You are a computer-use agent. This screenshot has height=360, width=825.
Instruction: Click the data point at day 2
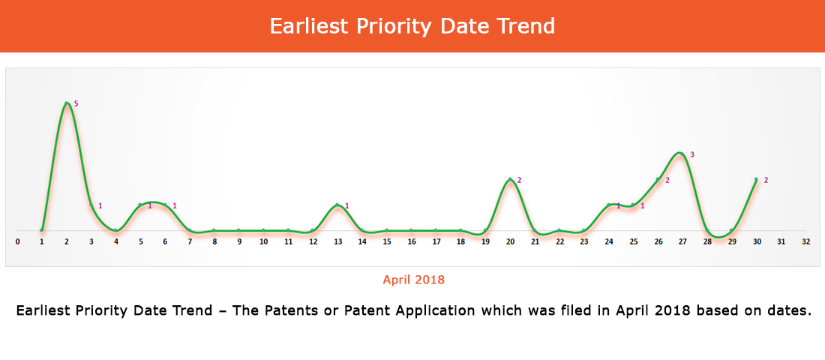point(66,103)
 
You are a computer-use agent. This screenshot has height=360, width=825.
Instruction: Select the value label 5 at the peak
point(76,103)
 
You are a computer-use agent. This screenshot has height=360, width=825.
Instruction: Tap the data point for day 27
point(682,154)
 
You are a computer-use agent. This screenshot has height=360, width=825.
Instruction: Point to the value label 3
point(692,154)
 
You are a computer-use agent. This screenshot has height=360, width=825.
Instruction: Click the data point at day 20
point(510,179)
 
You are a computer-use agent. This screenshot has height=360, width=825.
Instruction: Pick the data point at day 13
point(337,205)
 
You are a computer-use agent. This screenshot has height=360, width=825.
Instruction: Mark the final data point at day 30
point(756,179)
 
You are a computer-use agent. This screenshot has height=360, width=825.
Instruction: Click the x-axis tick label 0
point(17,242)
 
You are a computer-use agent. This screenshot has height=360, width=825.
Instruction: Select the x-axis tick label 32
point(805,242)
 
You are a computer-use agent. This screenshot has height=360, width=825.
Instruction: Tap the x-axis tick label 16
point(412,242)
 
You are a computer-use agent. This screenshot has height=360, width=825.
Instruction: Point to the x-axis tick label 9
point(238,242)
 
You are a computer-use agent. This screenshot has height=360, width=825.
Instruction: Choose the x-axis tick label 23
point(584,242)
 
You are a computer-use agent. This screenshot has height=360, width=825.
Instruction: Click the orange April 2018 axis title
point(413,280)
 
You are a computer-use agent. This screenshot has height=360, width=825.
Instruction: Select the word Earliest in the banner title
point(308,25)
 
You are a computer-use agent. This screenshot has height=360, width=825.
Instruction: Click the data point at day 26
point(657,179)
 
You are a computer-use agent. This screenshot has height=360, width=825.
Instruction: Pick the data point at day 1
point(41,230)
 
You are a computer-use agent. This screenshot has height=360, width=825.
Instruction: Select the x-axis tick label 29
point(731,242)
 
